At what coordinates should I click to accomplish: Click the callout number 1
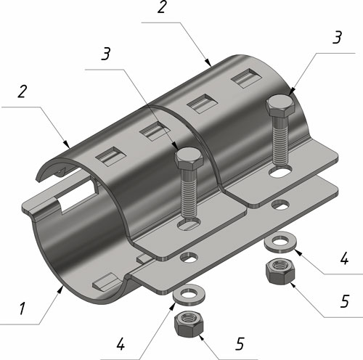tap(23, 308)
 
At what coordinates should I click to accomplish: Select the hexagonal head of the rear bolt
tap(281, 107)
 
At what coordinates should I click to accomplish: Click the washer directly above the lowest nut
tap(189, 295)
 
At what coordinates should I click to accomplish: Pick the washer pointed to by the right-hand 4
tap(280, 242)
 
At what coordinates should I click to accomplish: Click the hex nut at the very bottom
tap(189, 323)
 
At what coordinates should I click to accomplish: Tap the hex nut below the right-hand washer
tap(280, 271)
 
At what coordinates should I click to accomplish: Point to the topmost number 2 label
tap(162, 7)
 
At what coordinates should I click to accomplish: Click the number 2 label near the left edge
tap(22, 91)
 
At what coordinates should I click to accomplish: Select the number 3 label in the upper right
tap(337, 37)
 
